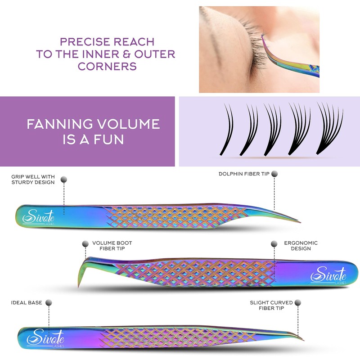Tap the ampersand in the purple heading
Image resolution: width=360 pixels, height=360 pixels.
pos(126,54)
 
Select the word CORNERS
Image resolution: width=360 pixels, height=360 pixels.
pos(107,66)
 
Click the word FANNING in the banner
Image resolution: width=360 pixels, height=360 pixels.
pos(60,124)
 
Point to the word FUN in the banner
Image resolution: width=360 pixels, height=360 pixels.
pos(108,139)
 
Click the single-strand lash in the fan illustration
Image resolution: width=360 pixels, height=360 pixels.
pos(227,130)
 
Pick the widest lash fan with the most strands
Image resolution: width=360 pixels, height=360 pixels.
pos(330,129)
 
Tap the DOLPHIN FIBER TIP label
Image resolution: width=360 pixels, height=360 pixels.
pos(244,174)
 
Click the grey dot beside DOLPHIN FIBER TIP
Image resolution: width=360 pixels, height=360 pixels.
pos(274,174)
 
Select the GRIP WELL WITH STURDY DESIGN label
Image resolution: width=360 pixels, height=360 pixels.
pos(33,179)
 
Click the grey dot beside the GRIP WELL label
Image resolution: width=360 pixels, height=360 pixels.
pos(64,179)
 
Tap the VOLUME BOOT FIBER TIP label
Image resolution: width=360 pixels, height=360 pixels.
pos(112,246)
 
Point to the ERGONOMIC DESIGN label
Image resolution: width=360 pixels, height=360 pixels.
pos(301,246)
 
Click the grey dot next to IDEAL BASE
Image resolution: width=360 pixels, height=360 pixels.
pos(49,302)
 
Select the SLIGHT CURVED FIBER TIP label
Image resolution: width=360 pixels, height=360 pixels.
pos(271,306)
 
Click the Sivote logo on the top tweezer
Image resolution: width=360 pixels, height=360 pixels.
pos(39,217)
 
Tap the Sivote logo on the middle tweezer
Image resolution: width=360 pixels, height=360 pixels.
pos(328,275)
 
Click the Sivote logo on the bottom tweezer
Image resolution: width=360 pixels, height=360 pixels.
pos(45,338)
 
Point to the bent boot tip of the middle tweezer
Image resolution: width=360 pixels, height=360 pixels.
pos(81,273)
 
